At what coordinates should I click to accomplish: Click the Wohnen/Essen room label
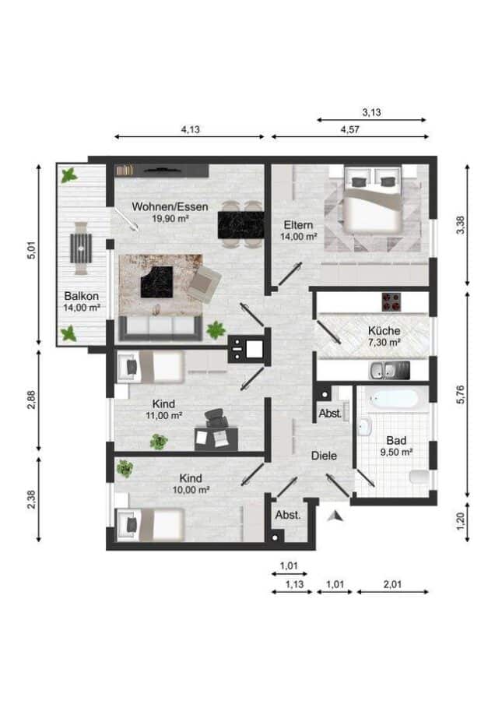[170, 207]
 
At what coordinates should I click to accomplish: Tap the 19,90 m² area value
[170, 219]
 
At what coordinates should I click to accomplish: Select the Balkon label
[81, 296]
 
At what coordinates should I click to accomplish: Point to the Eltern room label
[298, 225]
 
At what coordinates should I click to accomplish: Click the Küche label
[384, 331]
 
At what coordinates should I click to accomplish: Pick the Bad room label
[396, 441]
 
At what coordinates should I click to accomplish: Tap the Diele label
[324, 456]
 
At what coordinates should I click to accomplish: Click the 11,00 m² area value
[163, 415]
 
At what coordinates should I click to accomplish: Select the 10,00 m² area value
[191, 490]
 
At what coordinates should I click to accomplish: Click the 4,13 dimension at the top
[190, 129]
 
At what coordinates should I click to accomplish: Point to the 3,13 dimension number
[372, 112]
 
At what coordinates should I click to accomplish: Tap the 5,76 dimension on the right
[460, 394]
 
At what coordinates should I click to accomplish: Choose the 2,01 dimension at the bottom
[393, 584]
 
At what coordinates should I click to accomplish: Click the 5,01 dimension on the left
[31, 250]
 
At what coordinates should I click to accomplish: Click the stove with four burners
[392, 301]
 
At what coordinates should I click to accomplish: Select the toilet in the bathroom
[420, 477]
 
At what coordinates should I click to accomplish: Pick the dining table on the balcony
[81, 248]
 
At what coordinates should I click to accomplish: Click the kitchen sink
[389, 370]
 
